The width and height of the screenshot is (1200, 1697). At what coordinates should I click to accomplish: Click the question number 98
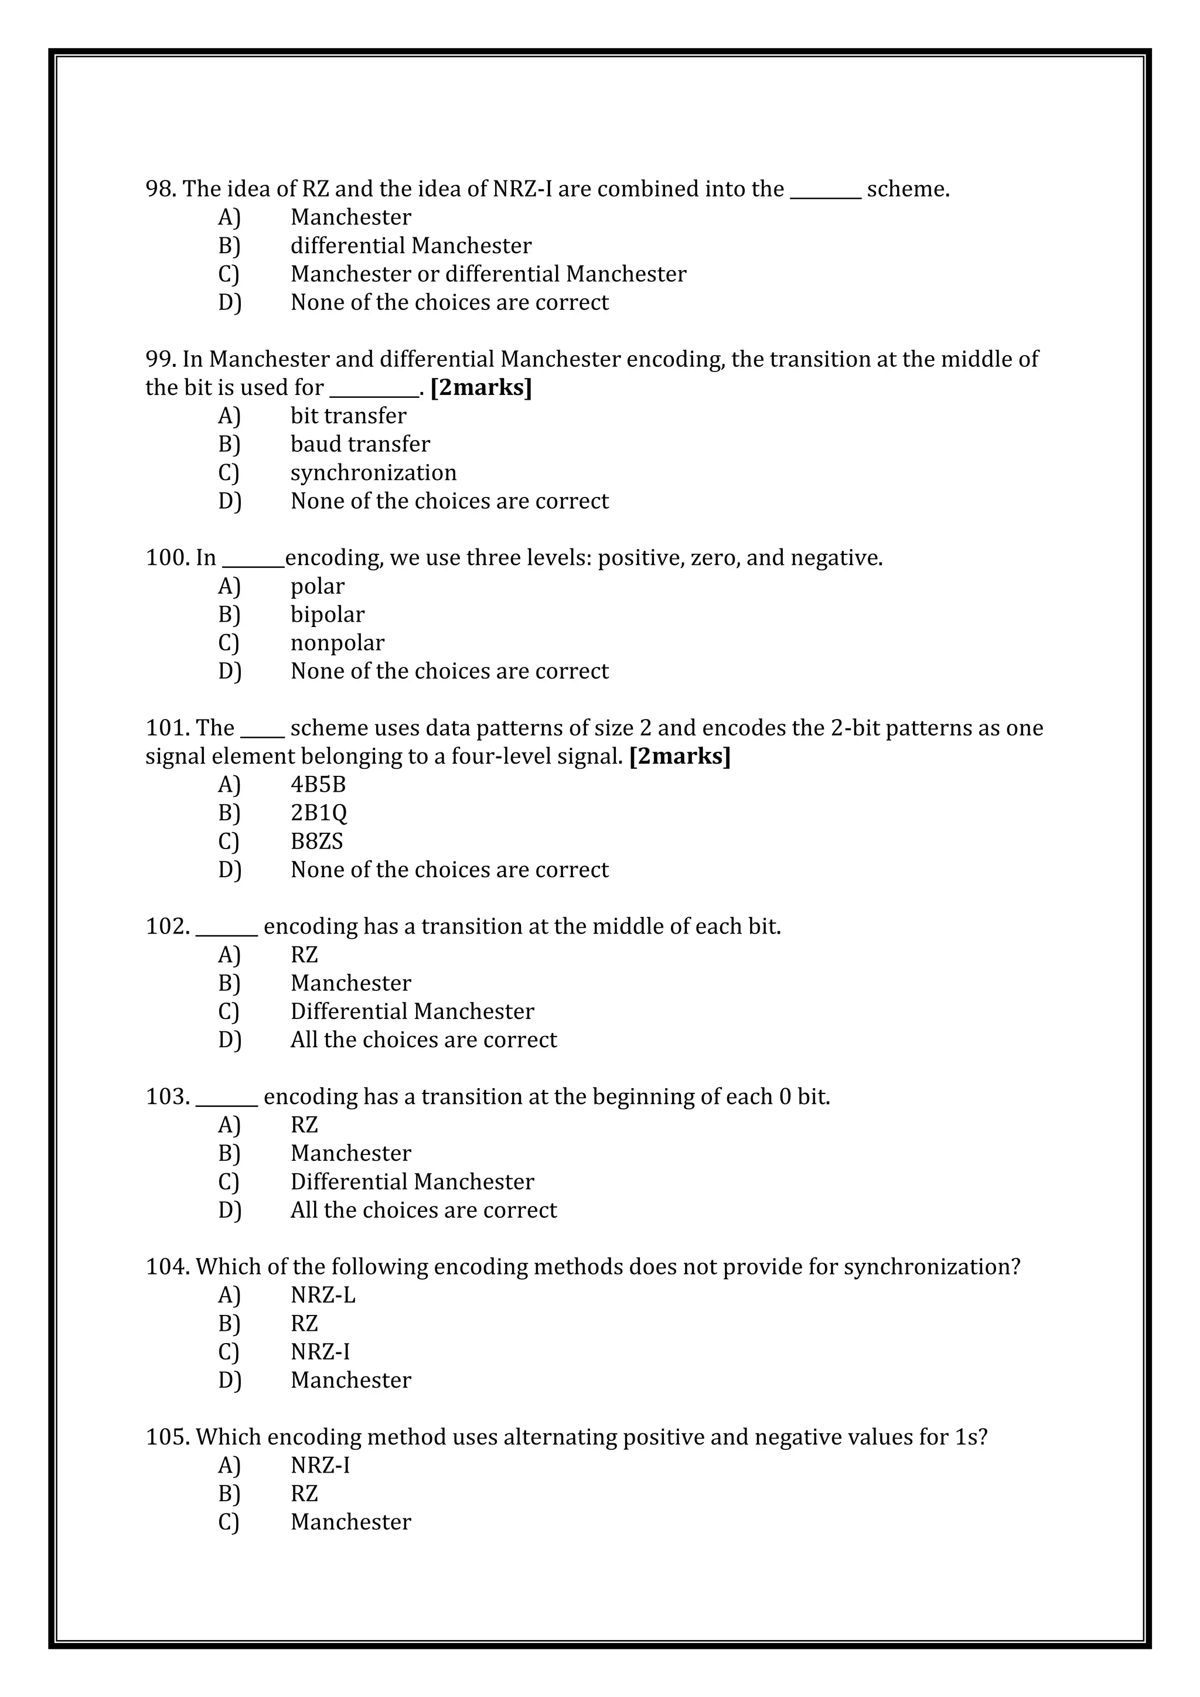click(x=161, y=189)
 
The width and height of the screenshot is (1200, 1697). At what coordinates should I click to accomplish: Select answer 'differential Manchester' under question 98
click(x=410, y=246)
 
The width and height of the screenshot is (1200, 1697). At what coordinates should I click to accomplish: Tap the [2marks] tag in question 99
click(x=480, y=387)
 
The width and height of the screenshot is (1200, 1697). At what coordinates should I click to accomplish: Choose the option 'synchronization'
click(x=373, y=472)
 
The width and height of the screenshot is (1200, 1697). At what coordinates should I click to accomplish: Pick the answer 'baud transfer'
click(x=360, y=444)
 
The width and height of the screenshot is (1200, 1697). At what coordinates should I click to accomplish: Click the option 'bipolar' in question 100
click(x=328, y=614)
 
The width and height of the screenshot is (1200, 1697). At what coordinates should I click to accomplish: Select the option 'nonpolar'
click(x=337, y=643)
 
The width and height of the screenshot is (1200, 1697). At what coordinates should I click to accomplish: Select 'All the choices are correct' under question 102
click(x=424, y=1040)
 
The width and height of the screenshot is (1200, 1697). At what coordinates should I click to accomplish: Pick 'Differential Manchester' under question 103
click(x=411, y=1182)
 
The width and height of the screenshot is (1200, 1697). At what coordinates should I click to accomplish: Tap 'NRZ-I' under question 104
click(x=320, y=1352)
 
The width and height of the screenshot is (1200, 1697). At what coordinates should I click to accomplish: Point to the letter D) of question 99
click(x=229, y=501)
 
